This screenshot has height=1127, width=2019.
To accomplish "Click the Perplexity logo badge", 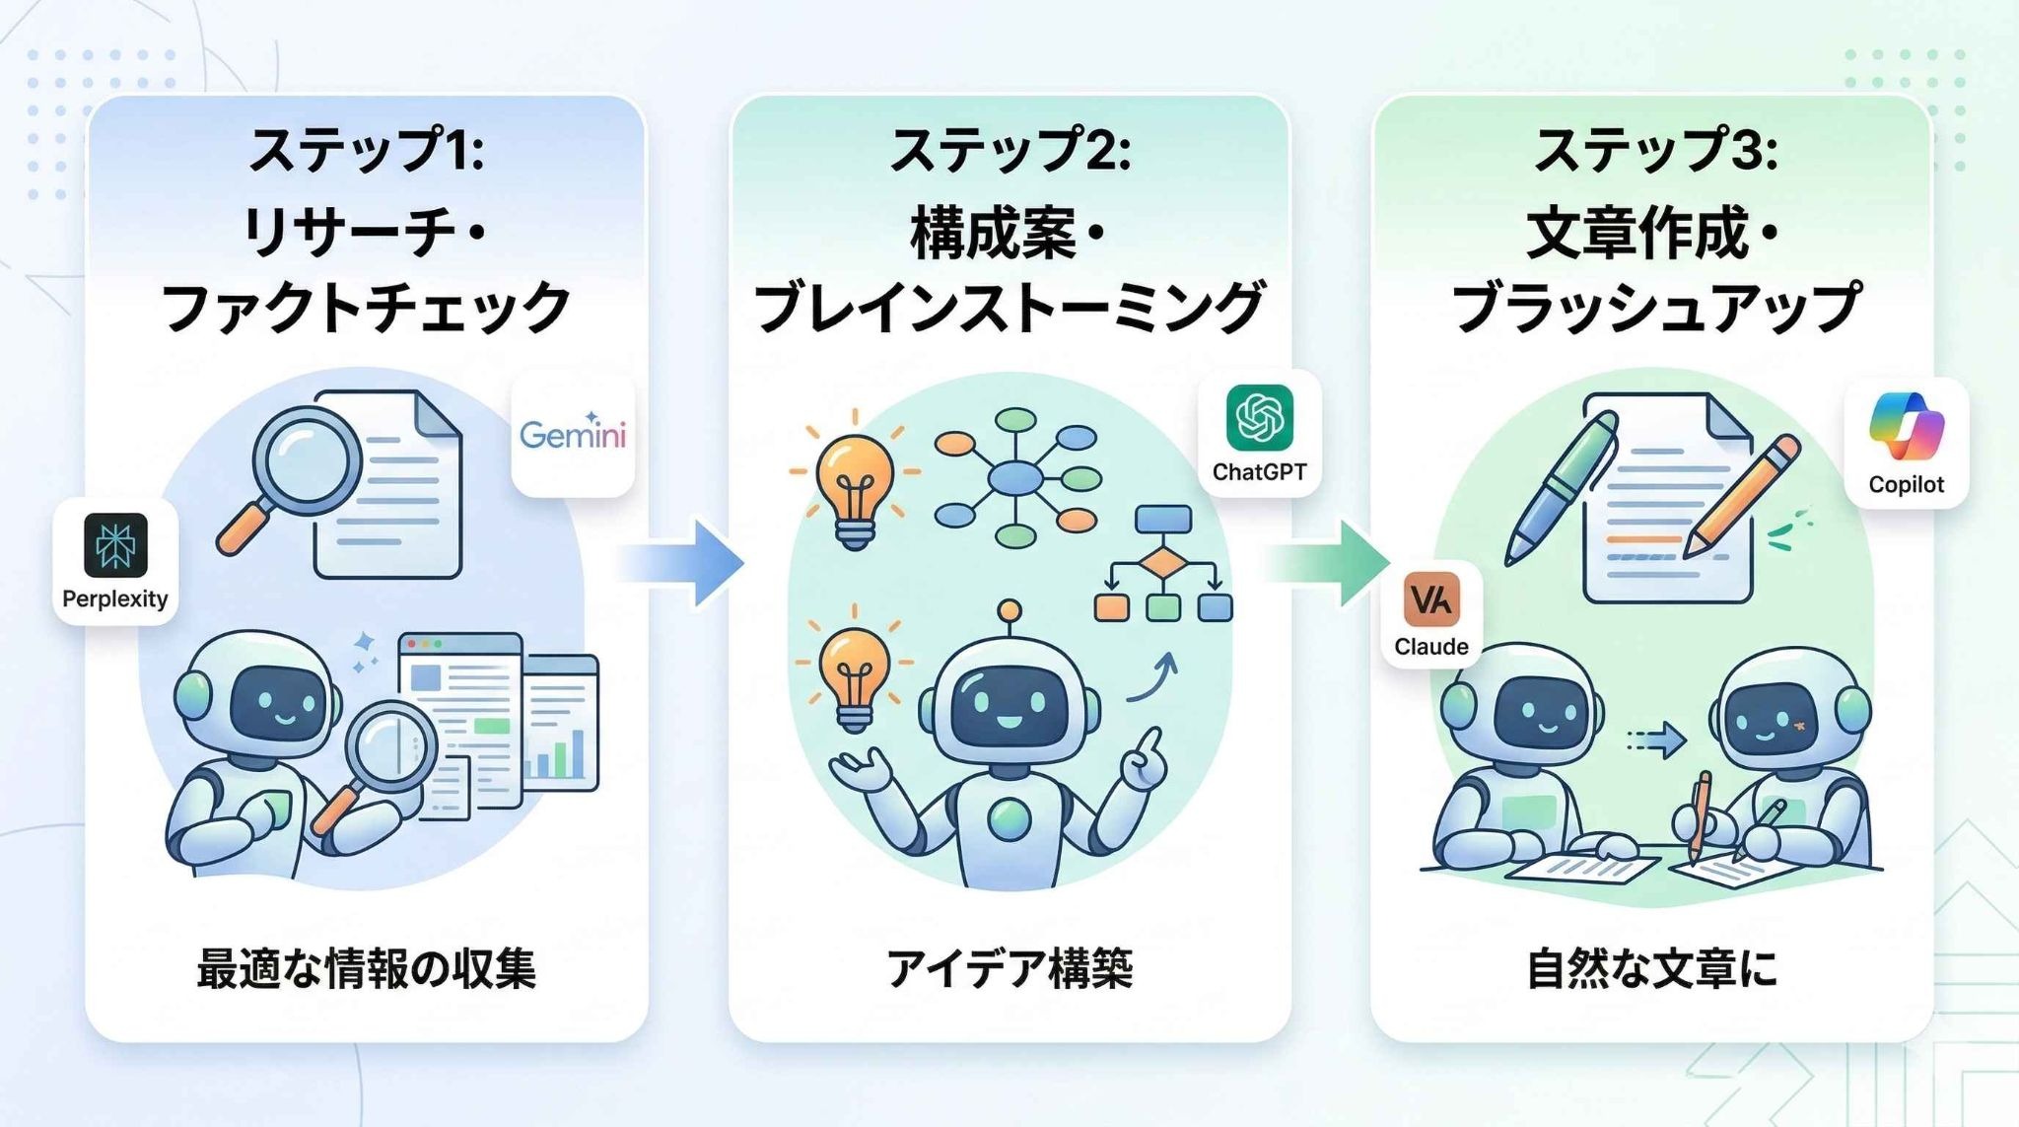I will point(115,560).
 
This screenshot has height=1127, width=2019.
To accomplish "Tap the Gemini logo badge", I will point(573,434).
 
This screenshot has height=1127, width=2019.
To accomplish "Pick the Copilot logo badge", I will point(1906,443).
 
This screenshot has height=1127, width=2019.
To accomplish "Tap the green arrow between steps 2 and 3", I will point(1330,563).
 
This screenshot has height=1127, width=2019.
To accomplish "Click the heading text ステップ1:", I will point(366,151).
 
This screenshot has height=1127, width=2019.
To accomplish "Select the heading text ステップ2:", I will point(1009,151).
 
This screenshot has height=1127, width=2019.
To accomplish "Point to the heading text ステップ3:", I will point(1655,151).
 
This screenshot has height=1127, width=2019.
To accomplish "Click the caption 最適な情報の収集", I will point(366,968).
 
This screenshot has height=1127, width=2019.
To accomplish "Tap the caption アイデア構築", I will point(1009,968).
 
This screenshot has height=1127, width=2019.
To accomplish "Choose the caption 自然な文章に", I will point(1651,968).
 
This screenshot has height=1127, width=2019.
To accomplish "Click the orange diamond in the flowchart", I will point(1162,564).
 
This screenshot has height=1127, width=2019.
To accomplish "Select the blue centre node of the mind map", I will point(1015,479).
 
